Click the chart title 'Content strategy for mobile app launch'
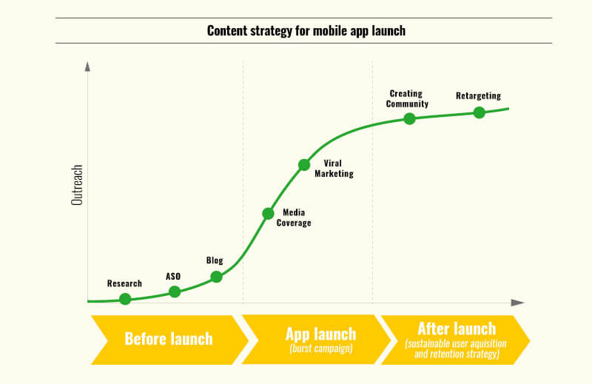tap(306, 30)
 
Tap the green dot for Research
tap(125, 299)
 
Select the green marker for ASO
tap(175, 292)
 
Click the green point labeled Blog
tap(216, 277)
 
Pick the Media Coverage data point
tap(268, 213)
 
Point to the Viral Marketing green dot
tap(304, 165)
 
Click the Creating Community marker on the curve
tap(409, 119)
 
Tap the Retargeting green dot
tap(479, 112)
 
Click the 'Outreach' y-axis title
tap(77, 185)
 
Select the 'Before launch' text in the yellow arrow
tap(169, 339)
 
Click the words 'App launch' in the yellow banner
tap(321, 334)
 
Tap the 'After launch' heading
tap(457, 329)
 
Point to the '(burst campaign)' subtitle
tap(321, 348)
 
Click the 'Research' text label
tap(124, 283)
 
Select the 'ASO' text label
tap(173, 277)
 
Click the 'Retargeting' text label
tap(478, 96)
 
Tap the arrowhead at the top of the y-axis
tap(87, 67)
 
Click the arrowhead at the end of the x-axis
tap(517, 303)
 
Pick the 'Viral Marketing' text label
tap(334, 169)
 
